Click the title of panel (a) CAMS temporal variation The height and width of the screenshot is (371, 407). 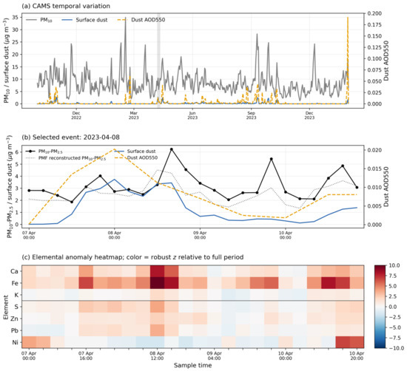click(66, 6)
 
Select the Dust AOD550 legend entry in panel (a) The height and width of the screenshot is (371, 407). click(141, 20)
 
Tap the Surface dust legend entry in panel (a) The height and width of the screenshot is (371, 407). click(84, 20)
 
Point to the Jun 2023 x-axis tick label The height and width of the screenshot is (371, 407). click(192, 115)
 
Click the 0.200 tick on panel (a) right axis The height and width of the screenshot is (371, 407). click(374, 13)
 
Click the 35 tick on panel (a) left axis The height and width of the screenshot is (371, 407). click(16, 18)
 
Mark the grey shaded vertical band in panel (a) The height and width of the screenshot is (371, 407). click(158, 61)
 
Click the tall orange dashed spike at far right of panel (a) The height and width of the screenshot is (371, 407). click(348, 61)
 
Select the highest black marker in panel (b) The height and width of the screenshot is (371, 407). click(172, 149)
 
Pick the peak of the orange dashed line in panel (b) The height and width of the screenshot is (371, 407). click(114, 149)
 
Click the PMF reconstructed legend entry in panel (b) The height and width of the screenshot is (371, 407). click(66, 158)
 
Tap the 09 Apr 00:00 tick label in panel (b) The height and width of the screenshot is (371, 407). click(200, 235)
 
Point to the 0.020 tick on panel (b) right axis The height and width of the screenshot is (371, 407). click(374, 150)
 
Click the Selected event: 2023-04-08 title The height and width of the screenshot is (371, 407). click(71, 137)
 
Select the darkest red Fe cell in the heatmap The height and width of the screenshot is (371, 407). click(158, 283)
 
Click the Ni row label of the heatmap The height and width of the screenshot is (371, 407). click(16, 342)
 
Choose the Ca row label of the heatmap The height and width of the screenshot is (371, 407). click(15, 271)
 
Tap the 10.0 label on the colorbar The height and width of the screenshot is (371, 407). click(394, 265)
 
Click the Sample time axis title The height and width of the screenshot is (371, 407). click(192, 365)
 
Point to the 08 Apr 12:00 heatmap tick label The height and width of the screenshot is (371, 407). click(158, 355)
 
